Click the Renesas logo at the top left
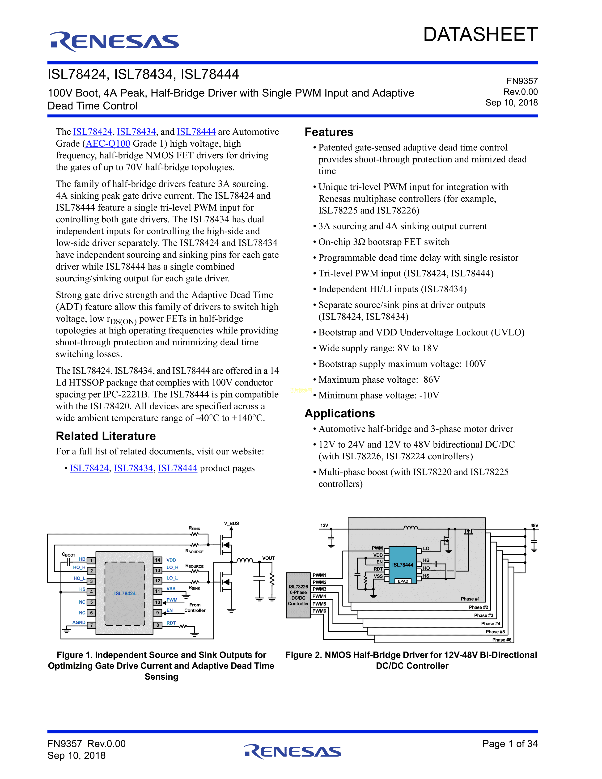(x=114, y=41)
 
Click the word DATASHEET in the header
(x=480, y=35)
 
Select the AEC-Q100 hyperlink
(x=108, y=143)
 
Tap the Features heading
(x=329, y=132)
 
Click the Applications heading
(x=339, y=413)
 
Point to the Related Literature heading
(x=106, y=436)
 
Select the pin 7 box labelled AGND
(x=91, y=625)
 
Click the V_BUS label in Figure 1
(x=231, y=523)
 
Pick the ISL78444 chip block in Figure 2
(x=403, y=565)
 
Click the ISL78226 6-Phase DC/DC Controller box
(x=298, y=595)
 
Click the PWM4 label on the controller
(x=319, y=596)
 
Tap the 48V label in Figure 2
(x=534, y=525)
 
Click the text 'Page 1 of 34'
(x=510, y=743)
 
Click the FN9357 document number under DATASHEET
(x=522, y=81)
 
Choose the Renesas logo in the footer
(x=293, y=752)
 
